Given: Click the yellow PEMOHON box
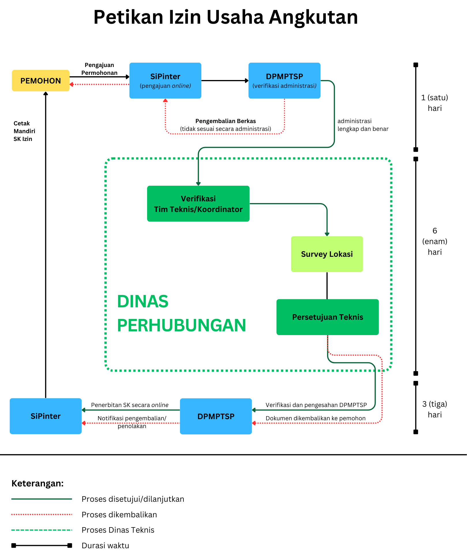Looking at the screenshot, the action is (41, 81).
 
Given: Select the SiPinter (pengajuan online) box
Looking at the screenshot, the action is (165, 81).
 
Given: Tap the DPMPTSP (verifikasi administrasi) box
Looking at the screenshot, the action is (284, 81).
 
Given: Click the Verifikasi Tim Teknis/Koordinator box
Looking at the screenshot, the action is (198, 204).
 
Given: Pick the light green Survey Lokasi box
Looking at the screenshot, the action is (327, 254).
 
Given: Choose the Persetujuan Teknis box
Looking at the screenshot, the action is (327, 317).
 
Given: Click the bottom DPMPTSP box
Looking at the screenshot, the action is (216, 416).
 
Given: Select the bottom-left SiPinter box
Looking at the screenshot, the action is (46, 416).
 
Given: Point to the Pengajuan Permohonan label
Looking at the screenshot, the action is (100, 69).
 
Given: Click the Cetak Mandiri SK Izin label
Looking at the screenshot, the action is (24, 131).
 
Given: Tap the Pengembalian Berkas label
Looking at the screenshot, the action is (226, 121).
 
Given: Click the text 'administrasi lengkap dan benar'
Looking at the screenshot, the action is (363, 125).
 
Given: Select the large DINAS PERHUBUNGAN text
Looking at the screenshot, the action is (181, 313).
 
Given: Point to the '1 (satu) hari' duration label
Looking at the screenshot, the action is (435, 103).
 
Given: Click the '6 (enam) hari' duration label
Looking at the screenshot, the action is (435, 241).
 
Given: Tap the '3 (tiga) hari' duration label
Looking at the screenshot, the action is (435, 409).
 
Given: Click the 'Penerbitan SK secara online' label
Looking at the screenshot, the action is (130, 405).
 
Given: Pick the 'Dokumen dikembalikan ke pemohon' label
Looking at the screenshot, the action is (316, 418).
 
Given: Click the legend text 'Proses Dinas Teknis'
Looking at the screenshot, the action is (118, 530).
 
